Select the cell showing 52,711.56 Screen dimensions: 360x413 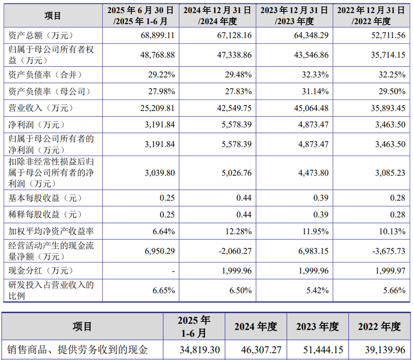(x=387, y=36)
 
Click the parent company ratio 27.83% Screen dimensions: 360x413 (x=238, y=91)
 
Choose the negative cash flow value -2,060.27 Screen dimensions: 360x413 (x=233, y=251)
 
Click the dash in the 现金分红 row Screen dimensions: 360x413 (x=173, y=271)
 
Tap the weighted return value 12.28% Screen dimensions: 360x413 (x=238, y=231)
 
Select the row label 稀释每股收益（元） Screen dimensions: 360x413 (x=45, y=215)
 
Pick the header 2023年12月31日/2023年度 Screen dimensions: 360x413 (x=294, y=16)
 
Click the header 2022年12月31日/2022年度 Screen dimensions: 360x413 (x=371, y=16)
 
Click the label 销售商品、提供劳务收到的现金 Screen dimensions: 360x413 (x=78, y=350)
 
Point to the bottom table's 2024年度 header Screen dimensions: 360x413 (x=256, y=327)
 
